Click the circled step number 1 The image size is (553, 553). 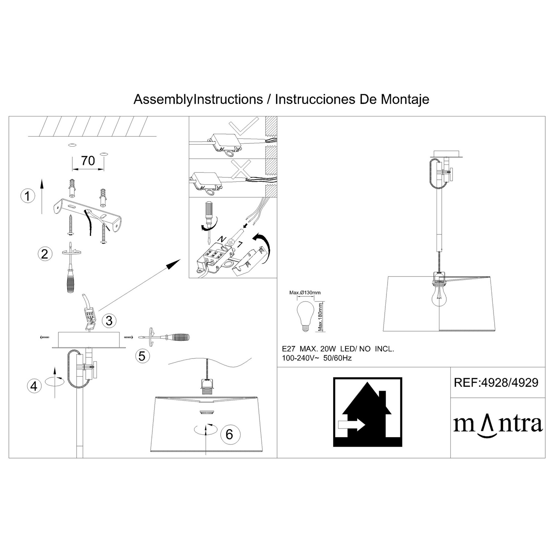coord(28,196)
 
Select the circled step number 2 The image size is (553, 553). coord(45,254)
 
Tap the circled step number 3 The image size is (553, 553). coord(109,320)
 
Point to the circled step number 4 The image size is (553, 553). coord(34,386)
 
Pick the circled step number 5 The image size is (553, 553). coord(142,356)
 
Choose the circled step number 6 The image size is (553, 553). coord(229,434)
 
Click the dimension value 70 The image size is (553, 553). coord(88,161)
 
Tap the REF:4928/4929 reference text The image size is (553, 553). coord(496,382)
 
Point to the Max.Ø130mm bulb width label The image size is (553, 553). coord(305,293)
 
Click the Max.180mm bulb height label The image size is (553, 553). coord(320,317)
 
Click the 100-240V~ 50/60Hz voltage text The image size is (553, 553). coord(317,358)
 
